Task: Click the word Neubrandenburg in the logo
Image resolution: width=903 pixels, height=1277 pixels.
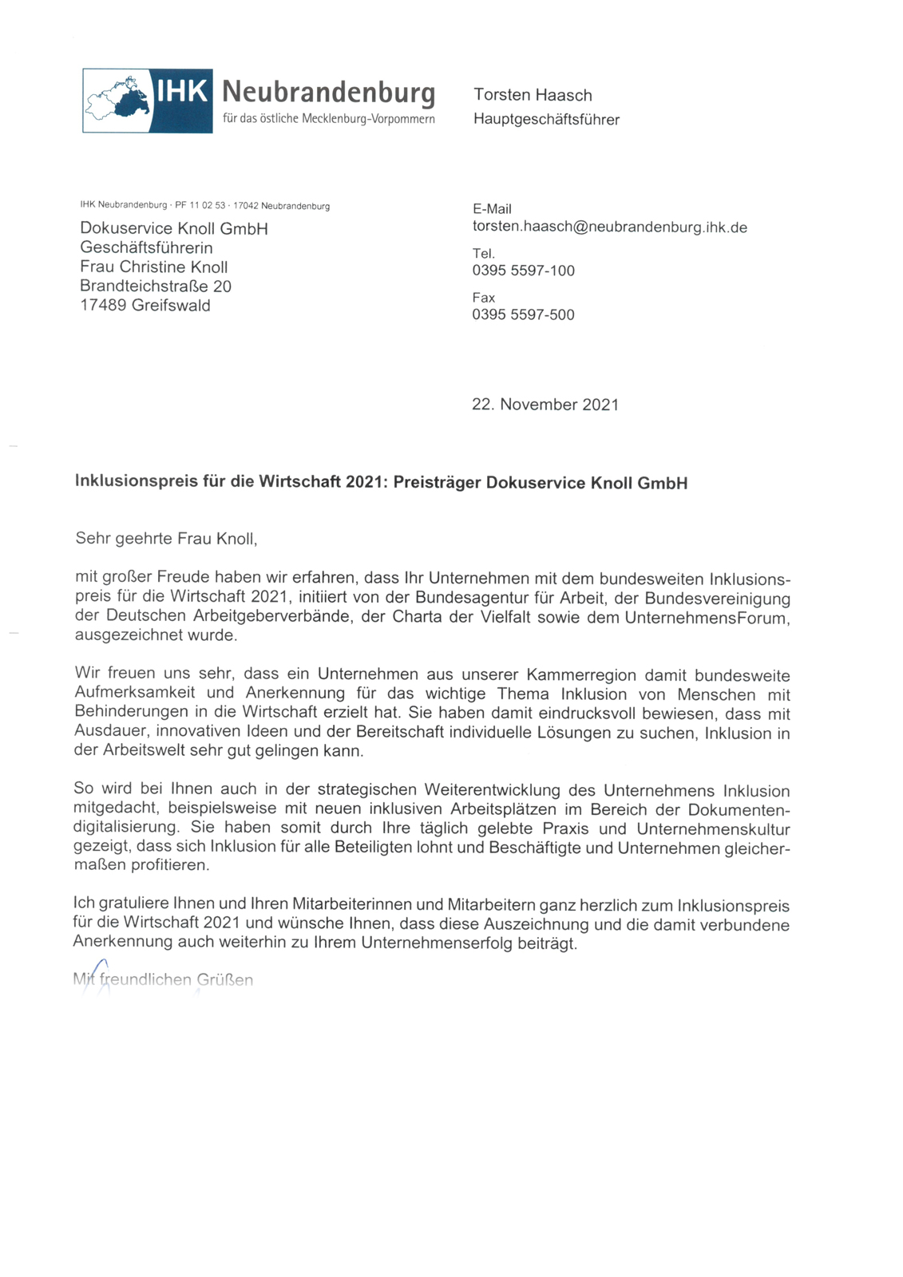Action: click(328, 92)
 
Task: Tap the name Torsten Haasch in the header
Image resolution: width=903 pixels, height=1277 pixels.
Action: click(533, 95)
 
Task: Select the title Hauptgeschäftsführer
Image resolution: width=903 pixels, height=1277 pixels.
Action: click(546, 120)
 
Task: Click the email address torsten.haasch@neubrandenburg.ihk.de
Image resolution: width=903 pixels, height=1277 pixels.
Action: click(609, 227)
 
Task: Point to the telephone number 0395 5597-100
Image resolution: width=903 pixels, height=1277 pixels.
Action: click(523, 271)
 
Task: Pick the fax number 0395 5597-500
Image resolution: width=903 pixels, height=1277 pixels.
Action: click(523, 314)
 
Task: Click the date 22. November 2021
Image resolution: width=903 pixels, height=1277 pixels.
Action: click(545, 405)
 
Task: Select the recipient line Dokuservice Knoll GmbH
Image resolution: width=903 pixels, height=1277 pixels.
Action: click(174, 229)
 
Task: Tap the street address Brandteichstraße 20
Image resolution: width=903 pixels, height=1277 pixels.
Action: click(156, 287)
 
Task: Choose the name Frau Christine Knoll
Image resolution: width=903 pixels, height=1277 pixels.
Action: click(153, 267)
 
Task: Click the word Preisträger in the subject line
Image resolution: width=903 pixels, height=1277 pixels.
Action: click(437, 482)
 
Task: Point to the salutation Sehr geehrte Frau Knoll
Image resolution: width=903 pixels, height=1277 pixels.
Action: click(166, 539)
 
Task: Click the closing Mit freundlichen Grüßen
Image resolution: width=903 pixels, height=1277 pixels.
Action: click(163, 979)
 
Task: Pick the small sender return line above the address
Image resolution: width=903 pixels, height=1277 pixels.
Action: click(204, 206)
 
